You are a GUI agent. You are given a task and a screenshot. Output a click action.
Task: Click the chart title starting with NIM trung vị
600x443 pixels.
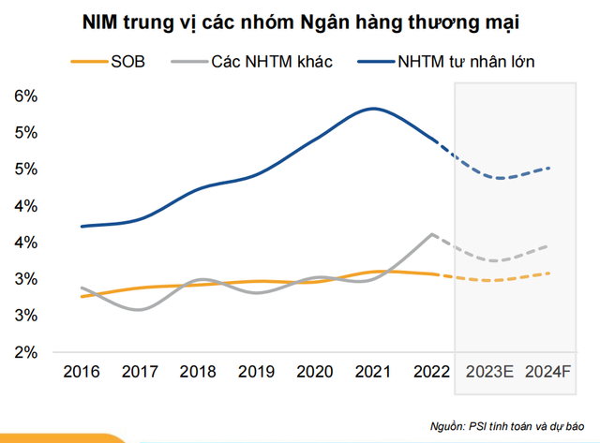tap(300, 20)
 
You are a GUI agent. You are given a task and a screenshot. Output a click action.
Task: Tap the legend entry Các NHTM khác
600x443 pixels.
tap(251, 62)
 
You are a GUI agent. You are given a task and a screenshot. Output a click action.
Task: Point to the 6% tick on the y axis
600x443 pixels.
tap(24, 96)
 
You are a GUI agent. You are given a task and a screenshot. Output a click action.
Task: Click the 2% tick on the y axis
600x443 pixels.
tap(24, 352)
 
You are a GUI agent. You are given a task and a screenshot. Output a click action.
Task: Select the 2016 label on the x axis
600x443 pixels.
tap(83, 373)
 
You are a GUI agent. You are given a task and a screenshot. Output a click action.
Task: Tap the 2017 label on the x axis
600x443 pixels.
tap(141, 373)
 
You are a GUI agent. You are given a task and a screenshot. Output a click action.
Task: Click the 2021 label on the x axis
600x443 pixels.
tap(374, 373)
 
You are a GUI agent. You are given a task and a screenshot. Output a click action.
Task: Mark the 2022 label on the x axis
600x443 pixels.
tap(431, 373)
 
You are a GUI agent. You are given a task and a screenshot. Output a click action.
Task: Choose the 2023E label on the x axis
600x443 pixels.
tap(488, 373)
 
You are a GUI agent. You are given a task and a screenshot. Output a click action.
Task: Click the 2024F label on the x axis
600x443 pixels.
tap(548, 373)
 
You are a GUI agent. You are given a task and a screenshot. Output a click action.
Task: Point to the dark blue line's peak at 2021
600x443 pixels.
tap(374, 109)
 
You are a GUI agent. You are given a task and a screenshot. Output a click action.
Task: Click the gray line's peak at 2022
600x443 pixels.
tap(431, 234)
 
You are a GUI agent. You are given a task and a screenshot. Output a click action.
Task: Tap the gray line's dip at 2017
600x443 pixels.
tap(141, 309)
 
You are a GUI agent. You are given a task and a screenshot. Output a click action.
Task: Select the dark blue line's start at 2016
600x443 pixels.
tap(83, 226)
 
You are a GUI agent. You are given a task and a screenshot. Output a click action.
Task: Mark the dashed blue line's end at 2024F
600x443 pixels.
tap(548, 169)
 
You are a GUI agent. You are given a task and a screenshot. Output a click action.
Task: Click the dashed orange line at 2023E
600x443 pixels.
tap(488, 280)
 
